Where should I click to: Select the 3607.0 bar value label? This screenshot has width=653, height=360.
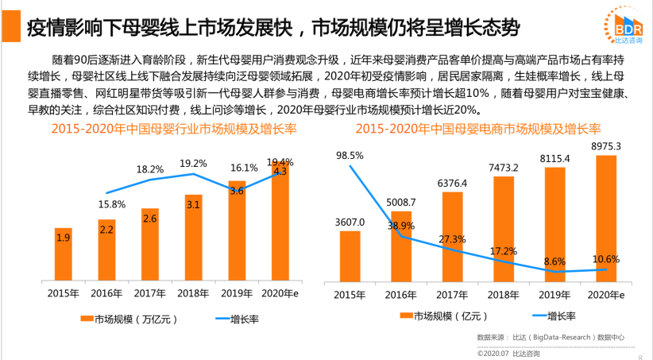point(350,223)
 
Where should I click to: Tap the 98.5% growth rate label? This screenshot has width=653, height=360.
point(350,155)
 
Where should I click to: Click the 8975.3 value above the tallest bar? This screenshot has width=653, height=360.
point(605,146)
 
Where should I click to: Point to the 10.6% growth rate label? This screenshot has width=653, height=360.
point(605,258)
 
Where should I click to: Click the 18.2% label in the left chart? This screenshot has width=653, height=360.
point(150,169)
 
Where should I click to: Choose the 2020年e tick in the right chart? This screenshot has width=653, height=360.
point(605,295)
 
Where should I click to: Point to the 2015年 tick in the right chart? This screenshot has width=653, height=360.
point(350,295)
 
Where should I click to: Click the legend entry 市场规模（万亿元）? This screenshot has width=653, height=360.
point(128,319)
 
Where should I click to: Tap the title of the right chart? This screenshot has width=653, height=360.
point(477,129)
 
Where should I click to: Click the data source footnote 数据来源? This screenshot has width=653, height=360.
point(549,338)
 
